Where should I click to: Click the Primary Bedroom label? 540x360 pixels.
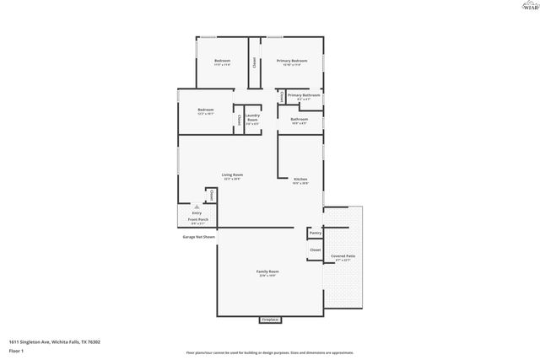coord(292,62)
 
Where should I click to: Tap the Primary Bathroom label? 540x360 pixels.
coord(304,95)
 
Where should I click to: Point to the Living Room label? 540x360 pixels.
coord(232,175)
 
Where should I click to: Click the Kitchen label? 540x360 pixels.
coord(300,180)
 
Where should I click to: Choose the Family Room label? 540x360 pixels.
coord(267,271)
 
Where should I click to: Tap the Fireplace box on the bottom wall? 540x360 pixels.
coord(270,320)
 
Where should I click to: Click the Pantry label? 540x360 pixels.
coord(315,233)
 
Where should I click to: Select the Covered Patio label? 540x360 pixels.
coord(343,256)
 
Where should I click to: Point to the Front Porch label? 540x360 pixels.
coord(197,222)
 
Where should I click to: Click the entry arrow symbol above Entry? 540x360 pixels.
coord(197,205)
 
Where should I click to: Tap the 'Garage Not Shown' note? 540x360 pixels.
coord(199,238)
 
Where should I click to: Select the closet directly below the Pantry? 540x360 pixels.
coord(315,250)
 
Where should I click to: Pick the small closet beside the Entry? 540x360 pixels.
coord(211,196)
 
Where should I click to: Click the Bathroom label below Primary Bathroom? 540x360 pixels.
coord(299,120)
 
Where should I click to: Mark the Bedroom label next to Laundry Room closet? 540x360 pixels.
coord(206,110)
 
